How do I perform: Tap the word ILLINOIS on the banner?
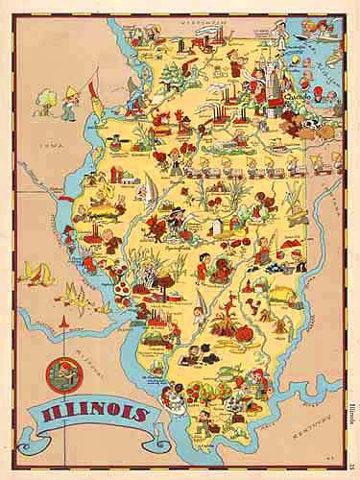pos(88,415)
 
